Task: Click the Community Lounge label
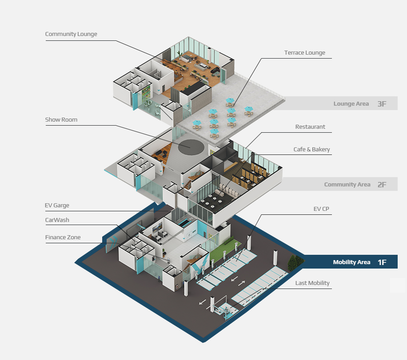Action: (x=71, y=34)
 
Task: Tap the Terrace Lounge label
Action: (x=304, y=53)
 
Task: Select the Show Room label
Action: (x=61, y=120)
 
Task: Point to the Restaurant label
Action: (x=310, y=127)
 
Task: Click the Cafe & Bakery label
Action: (x=311, y=150)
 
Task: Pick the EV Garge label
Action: (x=57, y=206)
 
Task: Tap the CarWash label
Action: (x=57, y=220)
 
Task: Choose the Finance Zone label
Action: (x=63, y=237)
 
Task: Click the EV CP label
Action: (x=321, y=209)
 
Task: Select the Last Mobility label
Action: (x=312, y=283)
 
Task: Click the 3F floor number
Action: (x=382, y=104)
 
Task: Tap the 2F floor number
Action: (x=382, y=185)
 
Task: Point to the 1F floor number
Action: (x=382, y=262)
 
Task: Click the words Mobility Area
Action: (x=351, y=262)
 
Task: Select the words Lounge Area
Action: (x=351, y=104)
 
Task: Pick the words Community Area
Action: (x=347, y=185)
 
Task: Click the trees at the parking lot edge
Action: (x=294, y=264)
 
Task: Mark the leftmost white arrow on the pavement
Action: (x=202, y=302)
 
